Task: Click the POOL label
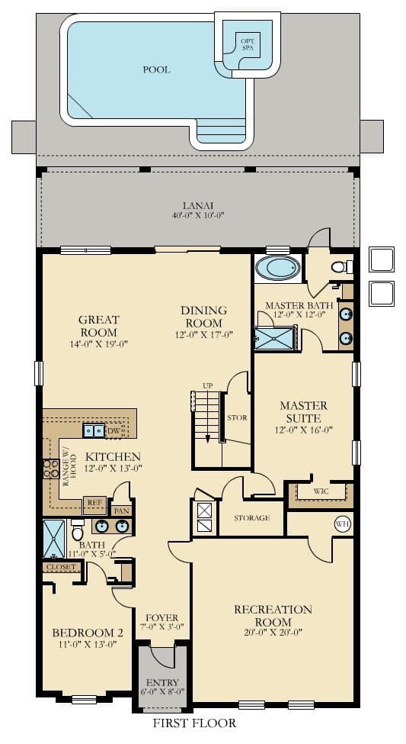(x=156, y=69)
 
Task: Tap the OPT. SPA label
(x=247, y=43)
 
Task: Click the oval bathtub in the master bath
(x=277, y=269)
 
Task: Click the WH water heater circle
(x=342, y=524)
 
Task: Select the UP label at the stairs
(x=208, y=385)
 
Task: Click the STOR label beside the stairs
(x=237, y=418)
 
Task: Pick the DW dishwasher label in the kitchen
(x=114, y=431)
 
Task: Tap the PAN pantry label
(x=120, y=510)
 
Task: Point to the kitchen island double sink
(x=95, y=431)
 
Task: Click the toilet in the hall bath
(x=77, y=528)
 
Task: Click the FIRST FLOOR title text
(x=194, y=723)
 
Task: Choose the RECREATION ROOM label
(x=273, y=616)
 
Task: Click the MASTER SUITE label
(x=303, y=412)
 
